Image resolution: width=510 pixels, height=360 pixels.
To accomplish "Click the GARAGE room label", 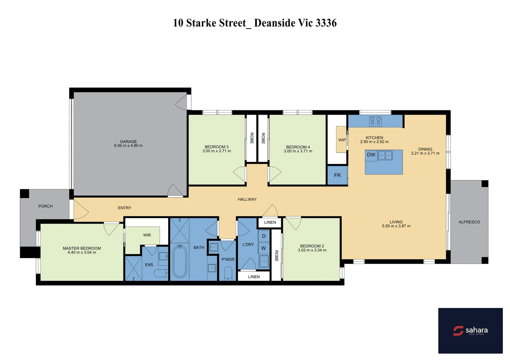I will click(128, 142).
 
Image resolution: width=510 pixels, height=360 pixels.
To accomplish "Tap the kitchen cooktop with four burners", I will click(375, 121).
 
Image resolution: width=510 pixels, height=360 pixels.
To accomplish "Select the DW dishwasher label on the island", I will click(371, 155).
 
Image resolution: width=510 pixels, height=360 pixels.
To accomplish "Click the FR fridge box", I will click(337, 175).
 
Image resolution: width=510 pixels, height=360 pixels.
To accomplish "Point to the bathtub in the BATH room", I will click(180, 262).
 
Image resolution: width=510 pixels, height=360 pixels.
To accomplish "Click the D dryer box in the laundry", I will click(264, 236).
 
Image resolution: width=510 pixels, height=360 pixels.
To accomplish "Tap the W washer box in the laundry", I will click(264, 248).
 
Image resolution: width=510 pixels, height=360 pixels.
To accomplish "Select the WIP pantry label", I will click(342, 140).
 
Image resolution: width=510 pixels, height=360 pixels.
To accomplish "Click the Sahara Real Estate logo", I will click(470, 331).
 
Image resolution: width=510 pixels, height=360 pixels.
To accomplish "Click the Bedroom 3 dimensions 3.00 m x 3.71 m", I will click(216, 151).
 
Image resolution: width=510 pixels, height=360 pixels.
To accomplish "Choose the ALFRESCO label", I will click(469, 222).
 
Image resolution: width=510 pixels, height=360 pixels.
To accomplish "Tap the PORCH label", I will click(45, 206).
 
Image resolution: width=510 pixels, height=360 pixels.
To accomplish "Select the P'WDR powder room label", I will click(228, 259).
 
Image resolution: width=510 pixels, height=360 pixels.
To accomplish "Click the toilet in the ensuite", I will click(161, 274).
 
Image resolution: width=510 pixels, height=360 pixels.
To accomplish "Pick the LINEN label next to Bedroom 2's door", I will click(270, 222).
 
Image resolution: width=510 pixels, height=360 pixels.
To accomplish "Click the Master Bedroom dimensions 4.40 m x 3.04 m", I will click(82, 253).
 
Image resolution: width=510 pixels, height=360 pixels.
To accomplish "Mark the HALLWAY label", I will click(247, 199).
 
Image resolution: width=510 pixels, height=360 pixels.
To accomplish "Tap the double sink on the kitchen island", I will click(385, 155).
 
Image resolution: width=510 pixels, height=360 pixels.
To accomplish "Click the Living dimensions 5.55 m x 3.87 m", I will click(396, 226).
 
